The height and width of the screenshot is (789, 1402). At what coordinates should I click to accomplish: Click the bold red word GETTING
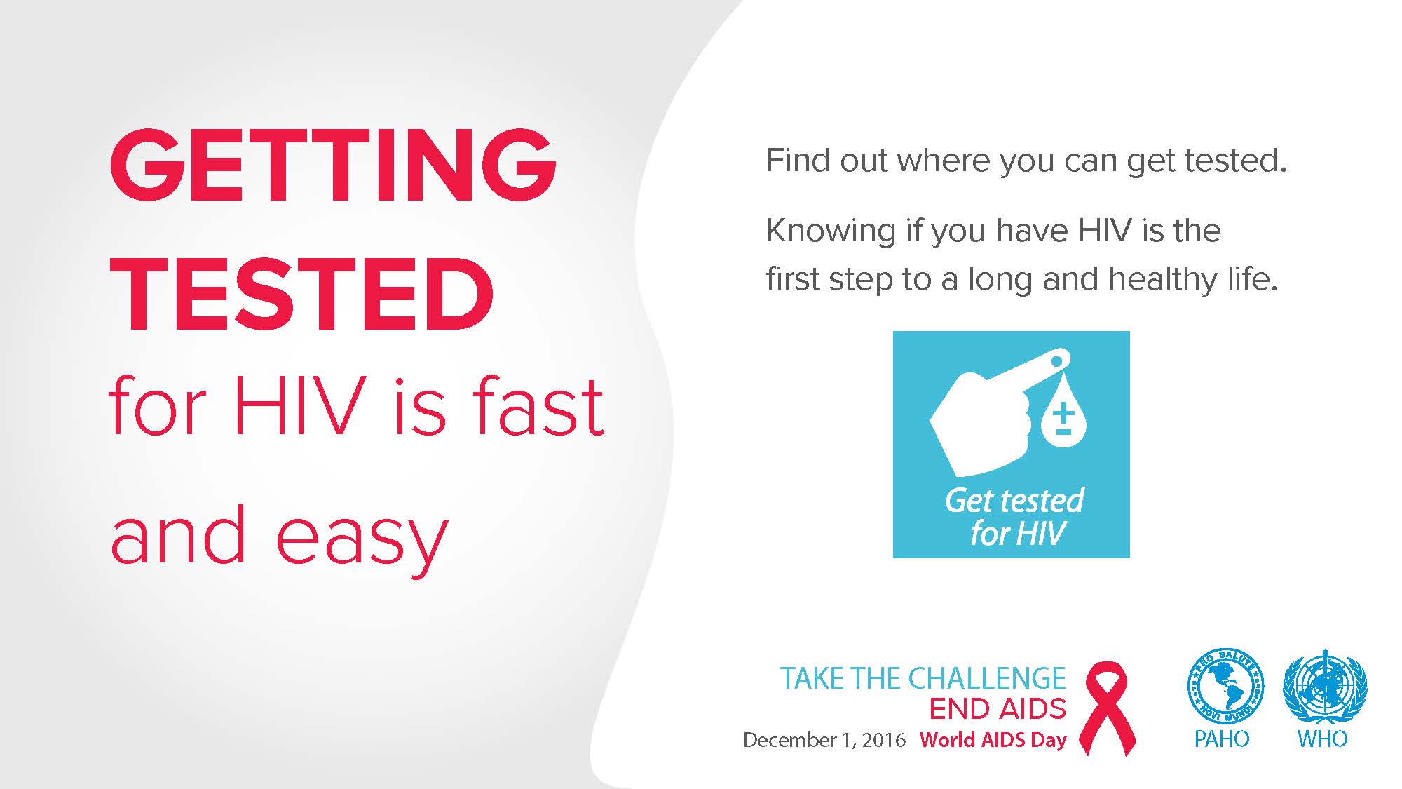[x=334, y=167]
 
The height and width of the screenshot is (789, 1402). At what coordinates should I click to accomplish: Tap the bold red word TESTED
[x=302, y=295]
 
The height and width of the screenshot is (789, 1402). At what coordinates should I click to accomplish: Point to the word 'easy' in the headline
[x=362, y=540]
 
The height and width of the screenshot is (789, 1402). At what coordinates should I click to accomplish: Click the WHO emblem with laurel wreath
[x=1324, y=687]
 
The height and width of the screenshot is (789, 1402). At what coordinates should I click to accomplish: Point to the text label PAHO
[x=1222, y=739]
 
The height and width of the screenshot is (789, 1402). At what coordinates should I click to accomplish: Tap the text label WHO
[x=1322, y=739]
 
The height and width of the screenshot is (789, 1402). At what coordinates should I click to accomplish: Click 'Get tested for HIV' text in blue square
[x=1015, y=517]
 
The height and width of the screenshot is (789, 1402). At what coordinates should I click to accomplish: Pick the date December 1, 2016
[x=824, y=740]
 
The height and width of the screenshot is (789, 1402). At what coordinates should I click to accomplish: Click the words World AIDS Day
[x=993, y=740]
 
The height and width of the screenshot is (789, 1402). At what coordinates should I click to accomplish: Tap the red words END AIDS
[x=998, y=709]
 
